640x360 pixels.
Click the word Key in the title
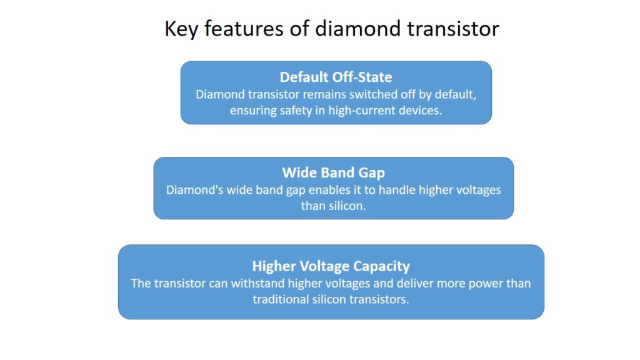click(181, 29)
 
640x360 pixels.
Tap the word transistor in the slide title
click(453, 29)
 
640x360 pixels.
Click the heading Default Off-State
click(336, 77)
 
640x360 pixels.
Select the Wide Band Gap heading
click(334, 172)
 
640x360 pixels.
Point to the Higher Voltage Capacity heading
click(331, 266)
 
